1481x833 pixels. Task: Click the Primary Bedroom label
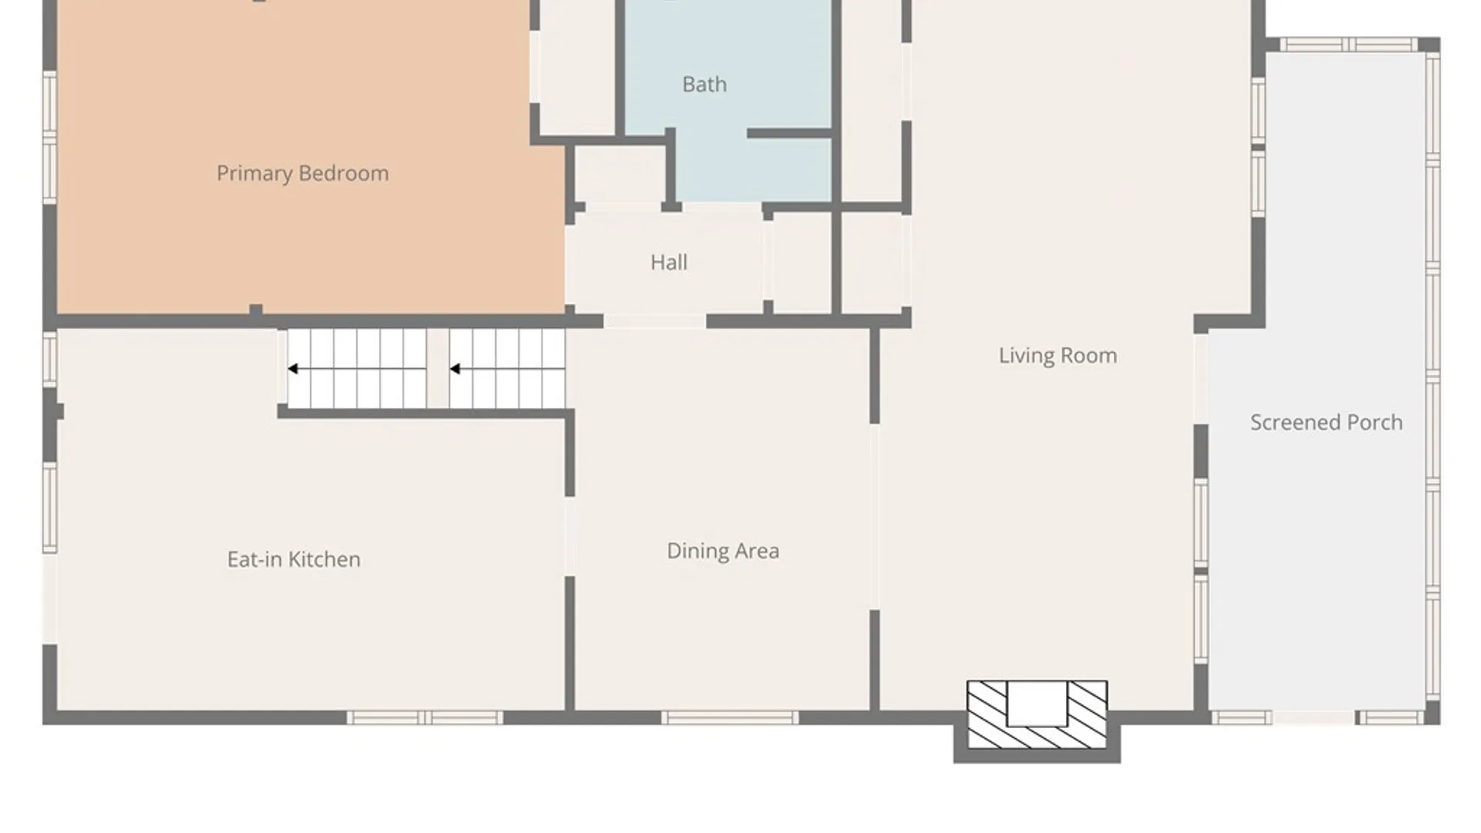(302, 174)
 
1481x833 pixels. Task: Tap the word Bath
(704, 84)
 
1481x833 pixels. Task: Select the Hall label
(669, 262)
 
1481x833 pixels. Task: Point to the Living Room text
(1058, 356)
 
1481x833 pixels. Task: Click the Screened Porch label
(1326, 423)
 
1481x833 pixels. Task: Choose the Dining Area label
(723, 551)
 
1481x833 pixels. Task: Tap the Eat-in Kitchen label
(294, 559)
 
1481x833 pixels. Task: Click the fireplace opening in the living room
(1037, 703)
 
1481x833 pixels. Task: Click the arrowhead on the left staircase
(293, 369)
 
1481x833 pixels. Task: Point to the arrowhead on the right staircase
(455, 369)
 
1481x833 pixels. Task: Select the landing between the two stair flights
(438, 369)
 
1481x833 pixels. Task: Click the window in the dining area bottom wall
(730, 718)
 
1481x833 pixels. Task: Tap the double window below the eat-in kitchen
(424, 718)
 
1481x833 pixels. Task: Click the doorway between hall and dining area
(655, 322)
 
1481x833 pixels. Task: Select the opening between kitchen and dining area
(570, 536)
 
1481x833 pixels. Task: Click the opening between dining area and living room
(875, 517)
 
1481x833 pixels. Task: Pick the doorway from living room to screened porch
(1201, 379)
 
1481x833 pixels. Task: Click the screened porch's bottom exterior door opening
(1314, 718)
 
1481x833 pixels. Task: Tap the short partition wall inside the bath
(789, 133)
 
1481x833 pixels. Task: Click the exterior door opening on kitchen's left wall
(49, 599)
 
